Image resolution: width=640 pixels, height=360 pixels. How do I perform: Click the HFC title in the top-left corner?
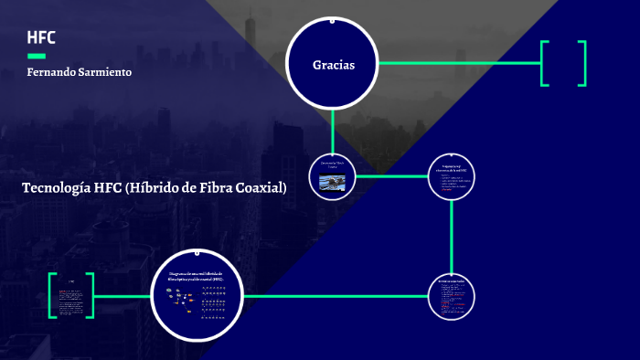[x=41, y=37]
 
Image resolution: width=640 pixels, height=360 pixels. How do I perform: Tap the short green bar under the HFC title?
[x=37, y=56]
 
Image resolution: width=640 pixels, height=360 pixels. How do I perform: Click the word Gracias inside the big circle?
[x=333, y=64]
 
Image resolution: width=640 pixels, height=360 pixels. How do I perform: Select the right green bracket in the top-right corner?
[x=582, y=63]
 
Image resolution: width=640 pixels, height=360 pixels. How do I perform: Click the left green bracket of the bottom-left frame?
[x=51, y=295]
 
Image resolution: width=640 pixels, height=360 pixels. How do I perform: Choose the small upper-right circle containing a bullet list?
[x=453, y=175]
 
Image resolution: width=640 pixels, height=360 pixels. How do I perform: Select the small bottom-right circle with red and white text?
[x=452, y=297]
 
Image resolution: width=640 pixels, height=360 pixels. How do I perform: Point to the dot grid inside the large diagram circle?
[x=214, y=301]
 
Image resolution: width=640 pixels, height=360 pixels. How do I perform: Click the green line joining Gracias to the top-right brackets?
[x=457, y=63]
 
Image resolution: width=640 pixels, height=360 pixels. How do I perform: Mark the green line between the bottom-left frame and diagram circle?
[x=123, y=296]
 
